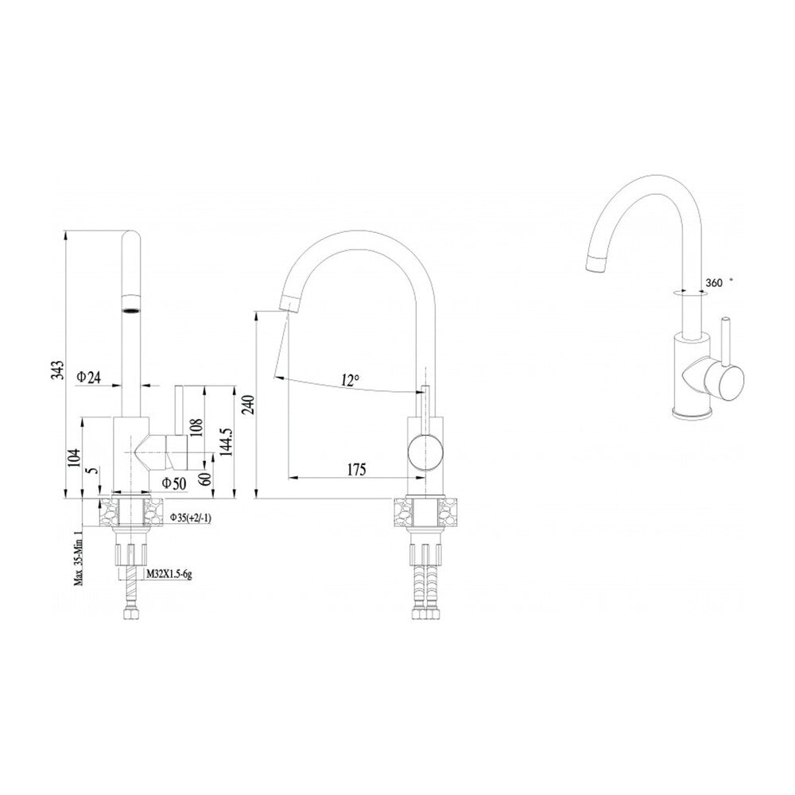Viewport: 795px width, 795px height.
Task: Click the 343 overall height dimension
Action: click(58, 370)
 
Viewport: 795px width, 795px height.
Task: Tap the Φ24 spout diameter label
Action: click(89, 377)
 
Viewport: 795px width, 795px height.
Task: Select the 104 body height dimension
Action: click(75, 458)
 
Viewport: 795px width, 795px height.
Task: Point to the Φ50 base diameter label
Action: click(174, 483)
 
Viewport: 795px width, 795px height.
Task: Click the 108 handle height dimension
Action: click(197, 428)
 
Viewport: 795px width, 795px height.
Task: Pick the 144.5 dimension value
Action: click(226, 440)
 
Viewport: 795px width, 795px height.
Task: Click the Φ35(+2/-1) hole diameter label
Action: click(191, 518)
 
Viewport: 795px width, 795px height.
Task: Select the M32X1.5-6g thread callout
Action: click(169, 575)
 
